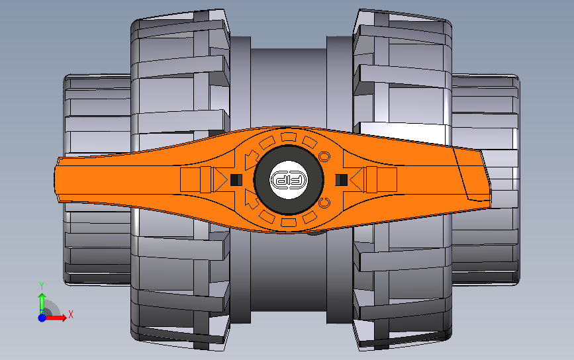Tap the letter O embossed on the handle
324,156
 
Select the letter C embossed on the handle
324,202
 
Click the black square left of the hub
235,179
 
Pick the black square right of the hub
342,179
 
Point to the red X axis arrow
57,318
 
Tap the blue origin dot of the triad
42,318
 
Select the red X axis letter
70,314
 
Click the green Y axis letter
41,285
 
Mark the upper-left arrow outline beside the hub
250,159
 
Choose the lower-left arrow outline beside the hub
250,199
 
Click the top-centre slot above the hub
288,137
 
